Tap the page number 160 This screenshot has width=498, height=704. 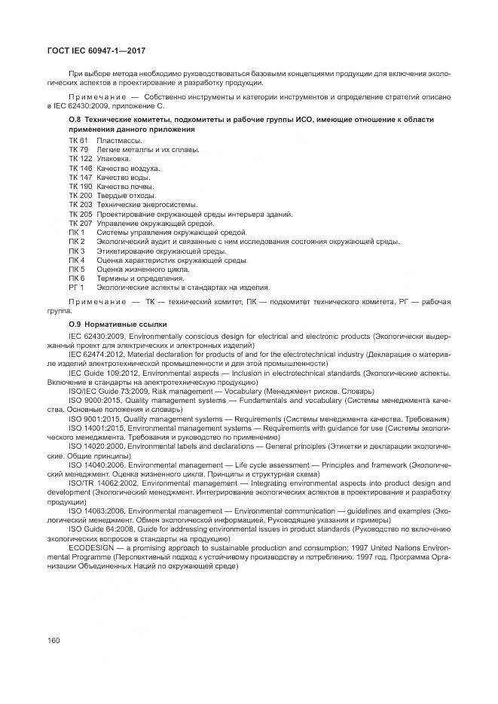53,640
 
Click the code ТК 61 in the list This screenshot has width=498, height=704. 78,141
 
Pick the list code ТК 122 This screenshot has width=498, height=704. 80,159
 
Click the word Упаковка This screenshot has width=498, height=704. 114,159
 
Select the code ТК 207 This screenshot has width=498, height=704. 80,223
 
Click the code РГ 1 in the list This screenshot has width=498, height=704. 76,287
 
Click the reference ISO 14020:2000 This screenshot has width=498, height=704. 98,446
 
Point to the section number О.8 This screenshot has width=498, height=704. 75,120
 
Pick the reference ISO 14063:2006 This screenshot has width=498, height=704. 98,510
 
